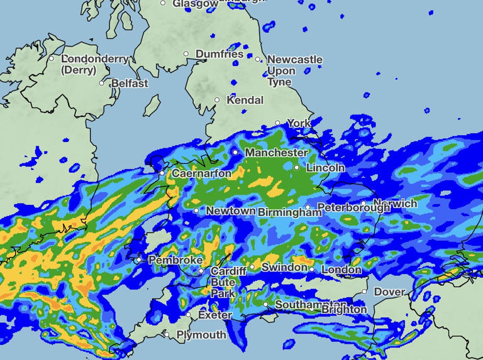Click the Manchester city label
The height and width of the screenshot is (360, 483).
[x=276, y=153]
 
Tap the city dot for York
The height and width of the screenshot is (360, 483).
[x=278, y=123]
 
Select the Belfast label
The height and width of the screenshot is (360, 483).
[x=130, y=83]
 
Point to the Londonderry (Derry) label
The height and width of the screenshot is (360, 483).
[x=95, y=64]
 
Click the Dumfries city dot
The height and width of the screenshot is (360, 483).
[x=186, y=54]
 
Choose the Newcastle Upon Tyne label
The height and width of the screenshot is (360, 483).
[x=294, y=70]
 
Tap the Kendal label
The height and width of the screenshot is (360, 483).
[x=245, y=100]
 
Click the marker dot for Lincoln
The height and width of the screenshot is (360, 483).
[x=297, y=168]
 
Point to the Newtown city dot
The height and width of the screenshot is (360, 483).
[x=197, y=211]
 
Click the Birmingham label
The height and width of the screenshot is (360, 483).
[x=289, y=212]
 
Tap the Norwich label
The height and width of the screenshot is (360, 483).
[x=395, y=204]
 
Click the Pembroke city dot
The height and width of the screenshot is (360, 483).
[x=139, y=259]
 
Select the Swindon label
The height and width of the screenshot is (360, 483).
[x=284, y=267]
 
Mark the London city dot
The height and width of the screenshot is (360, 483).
[x=312, y=269]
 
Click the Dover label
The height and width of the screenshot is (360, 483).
[x=390, y=292]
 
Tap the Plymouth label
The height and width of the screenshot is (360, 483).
[x=201, y=335]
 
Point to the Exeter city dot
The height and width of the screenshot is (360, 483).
[x=189, y=315]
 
